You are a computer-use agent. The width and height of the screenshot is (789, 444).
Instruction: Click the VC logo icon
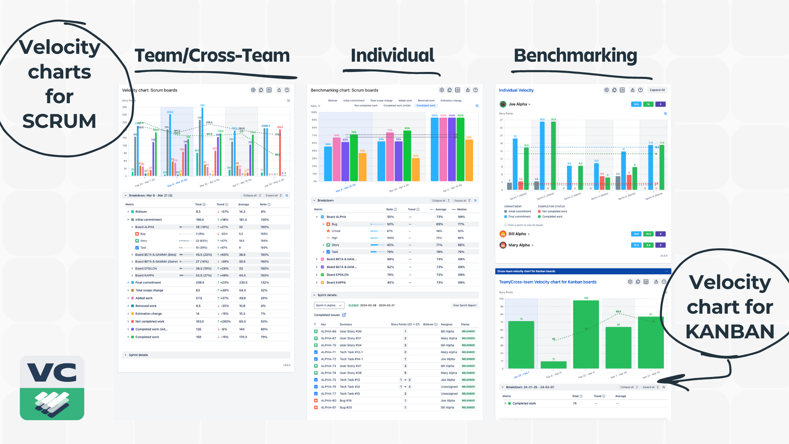(x=52, y=388)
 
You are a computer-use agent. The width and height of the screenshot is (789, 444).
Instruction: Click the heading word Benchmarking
(x=575, y=55)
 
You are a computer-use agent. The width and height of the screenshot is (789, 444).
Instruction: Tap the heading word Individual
(x=392, y=55)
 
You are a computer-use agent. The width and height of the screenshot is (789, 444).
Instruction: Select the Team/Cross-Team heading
(x=212, y=55)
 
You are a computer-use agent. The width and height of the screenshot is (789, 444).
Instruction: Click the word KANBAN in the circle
(x=730, y=332)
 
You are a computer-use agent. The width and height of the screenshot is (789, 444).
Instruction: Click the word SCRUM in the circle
(x=59, y=121)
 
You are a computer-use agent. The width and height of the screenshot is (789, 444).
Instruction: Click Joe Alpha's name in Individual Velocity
(x=518, y=104)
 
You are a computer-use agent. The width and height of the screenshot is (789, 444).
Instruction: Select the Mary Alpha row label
(x=519, y=245)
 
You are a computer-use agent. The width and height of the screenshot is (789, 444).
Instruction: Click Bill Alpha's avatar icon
(x=503, y=234)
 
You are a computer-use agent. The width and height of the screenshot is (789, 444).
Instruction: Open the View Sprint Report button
(x=464, y=305)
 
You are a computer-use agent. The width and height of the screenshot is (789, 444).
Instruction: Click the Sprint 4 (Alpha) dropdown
(x=328, y=305)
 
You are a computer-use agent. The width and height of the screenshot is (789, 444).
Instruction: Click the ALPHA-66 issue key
(x=328, y=331)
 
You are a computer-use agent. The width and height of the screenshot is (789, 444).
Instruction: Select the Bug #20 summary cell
(x=346, y=407)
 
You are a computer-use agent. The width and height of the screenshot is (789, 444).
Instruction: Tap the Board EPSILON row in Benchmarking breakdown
(x=337, y=275)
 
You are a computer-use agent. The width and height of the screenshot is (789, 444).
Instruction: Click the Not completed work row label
(x=150, y=321)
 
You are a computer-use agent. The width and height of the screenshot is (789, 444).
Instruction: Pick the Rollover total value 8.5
(x=198, y=212)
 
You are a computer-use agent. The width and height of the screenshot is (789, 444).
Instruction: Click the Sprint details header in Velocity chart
(x=138, y=355)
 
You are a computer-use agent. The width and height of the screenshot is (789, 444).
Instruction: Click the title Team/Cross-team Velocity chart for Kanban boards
(x=547, y=282)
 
